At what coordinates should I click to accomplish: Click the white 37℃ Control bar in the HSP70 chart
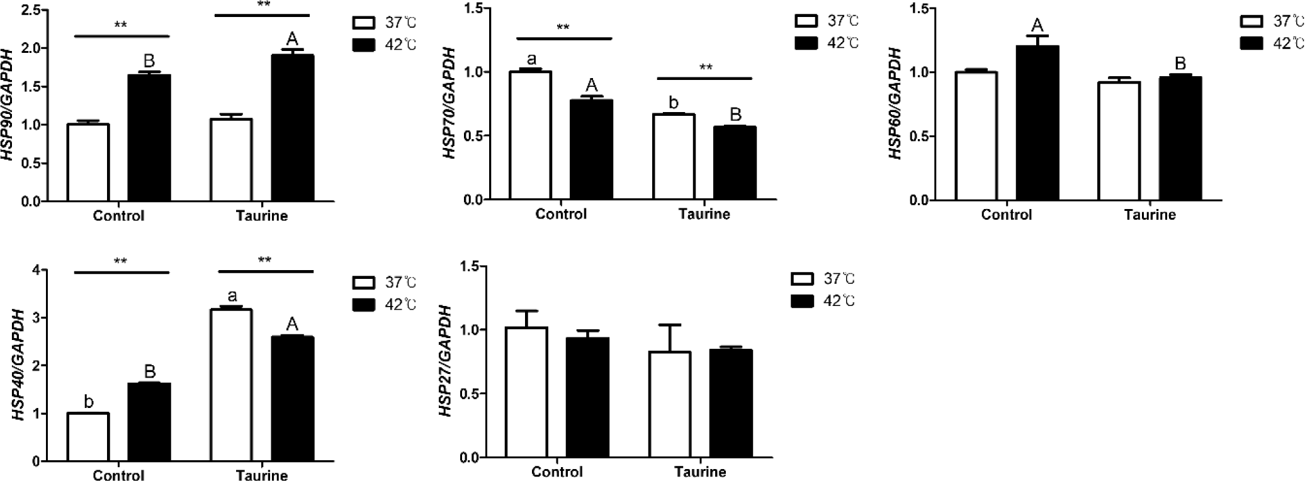pyautogui.click(x=530, y=135)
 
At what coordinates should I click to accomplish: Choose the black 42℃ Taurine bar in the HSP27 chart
pyautogui.click(x=731, y=404)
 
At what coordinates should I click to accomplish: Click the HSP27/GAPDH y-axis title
pyautogui.click(x=445, y=361)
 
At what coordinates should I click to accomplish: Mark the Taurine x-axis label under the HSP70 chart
pyautogui.click(x=704, y=214)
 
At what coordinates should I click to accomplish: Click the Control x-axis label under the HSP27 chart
pyautogui.click(x=556, y=472)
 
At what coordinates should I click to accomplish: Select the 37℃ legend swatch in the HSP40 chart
pyautogui.click(x=363, y=282)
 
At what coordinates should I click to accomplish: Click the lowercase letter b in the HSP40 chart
pyautogui.click(x=89, y=402)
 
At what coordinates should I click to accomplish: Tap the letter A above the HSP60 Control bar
pyautogui.click(x=1037, y=25)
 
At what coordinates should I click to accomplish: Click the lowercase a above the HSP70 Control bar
pyautogui.click(x=531, y=60)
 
